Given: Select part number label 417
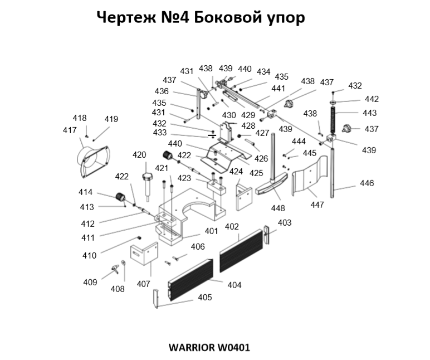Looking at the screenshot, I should click(70, 130).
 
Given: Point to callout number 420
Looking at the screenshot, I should click(139, 155).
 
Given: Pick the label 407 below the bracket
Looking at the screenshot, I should click(143, 284).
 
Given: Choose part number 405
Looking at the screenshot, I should click(204, 297).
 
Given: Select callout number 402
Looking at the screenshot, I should click(231, 227).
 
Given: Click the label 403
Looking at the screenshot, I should click(284, 223).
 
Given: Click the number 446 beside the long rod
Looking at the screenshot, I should click(367, 183).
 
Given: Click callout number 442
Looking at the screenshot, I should click(372, 99).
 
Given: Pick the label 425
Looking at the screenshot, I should click(256, 173).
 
